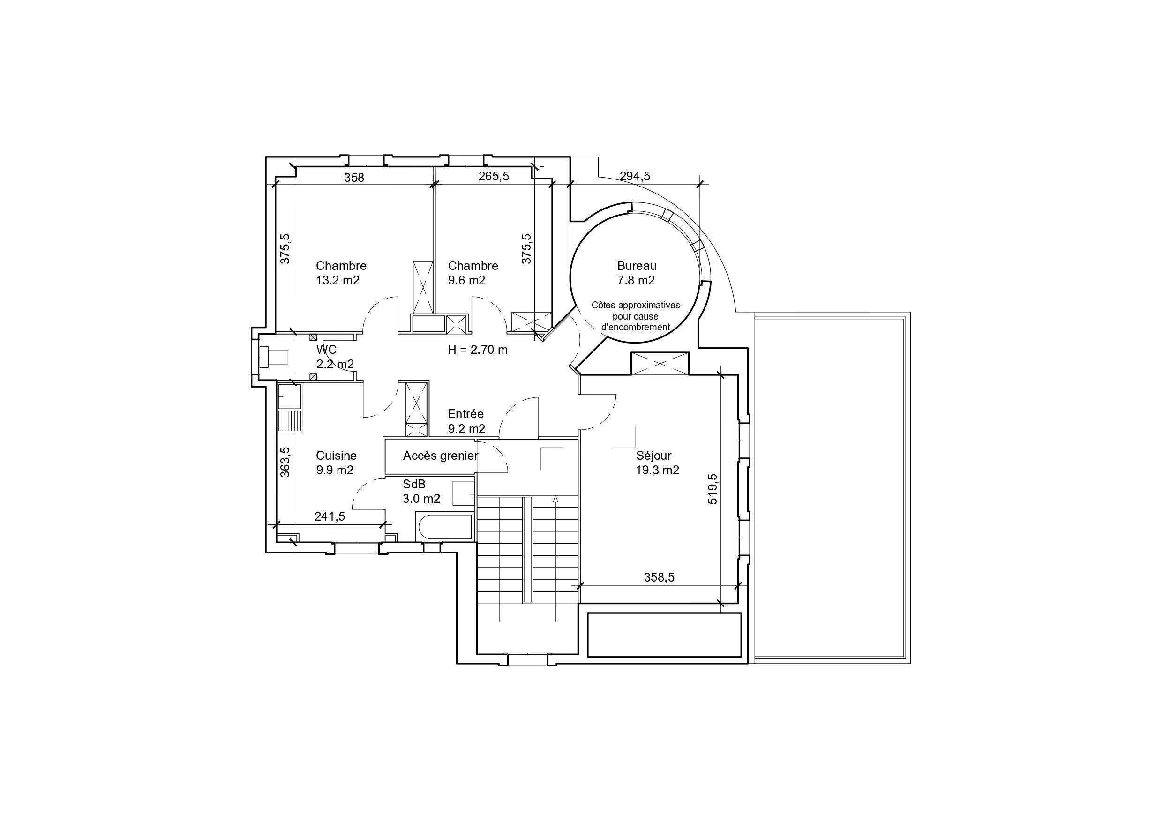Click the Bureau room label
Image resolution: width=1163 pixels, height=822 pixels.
(637, 266)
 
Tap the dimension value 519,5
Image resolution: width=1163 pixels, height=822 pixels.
(712, 489)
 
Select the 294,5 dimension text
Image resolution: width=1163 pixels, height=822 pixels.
(635, 176)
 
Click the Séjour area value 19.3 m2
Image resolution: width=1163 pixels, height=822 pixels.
(657, 470)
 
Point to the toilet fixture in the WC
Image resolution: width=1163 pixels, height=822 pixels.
(274, 357)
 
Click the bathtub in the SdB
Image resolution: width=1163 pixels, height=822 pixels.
(444, 527)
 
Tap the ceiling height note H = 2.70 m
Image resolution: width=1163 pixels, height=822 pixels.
(477, 350)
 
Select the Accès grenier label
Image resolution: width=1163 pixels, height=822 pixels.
(440, 456)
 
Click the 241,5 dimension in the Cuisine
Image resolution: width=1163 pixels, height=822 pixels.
(330, 516)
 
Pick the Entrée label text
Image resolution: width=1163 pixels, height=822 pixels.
(465, 414)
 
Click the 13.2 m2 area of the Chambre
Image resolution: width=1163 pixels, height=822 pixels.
(338, 281)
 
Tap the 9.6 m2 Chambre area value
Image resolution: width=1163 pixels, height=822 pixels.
(466, 281)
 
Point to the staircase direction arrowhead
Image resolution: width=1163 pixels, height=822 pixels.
(555, 499)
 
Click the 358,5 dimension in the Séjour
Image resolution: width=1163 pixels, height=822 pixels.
(659, 577)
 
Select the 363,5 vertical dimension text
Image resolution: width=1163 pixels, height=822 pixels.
(285, 462)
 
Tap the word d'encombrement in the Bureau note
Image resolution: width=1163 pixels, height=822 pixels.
(635, 327)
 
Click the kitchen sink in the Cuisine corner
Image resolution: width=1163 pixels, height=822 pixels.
(289, 396)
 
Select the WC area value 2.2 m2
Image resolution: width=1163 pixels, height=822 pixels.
(335, 364)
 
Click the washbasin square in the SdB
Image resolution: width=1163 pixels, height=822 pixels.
(463, 493)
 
